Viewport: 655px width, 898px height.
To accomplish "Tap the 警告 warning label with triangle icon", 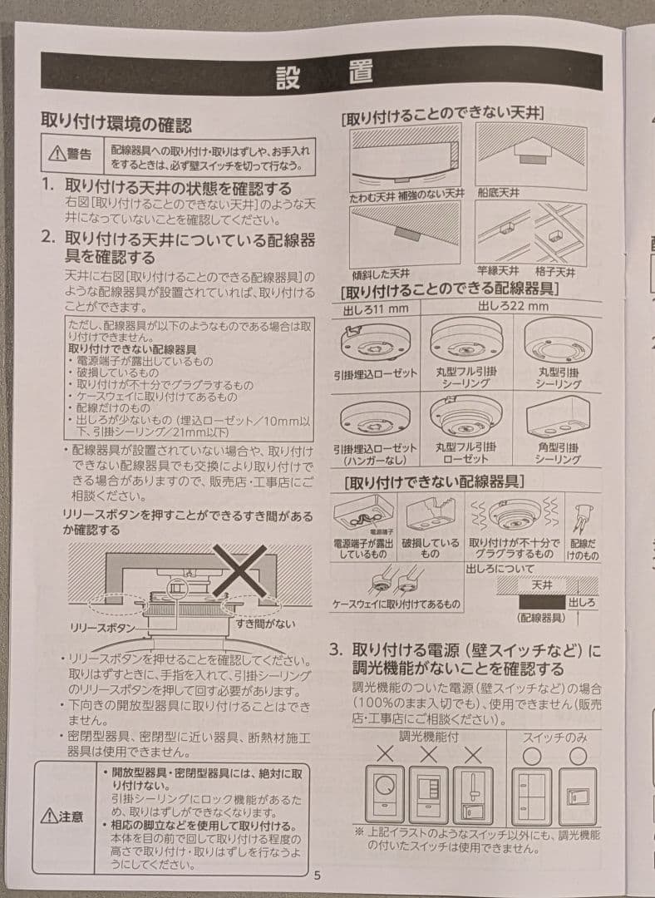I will tap(70, 155).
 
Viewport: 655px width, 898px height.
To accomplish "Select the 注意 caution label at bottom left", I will tap(62, 817).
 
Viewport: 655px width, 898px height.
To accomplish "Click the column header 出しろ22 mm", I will tap(512, 307).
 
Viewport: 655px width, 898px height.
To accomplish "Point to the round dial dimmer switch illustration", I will tap(384, 795).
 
